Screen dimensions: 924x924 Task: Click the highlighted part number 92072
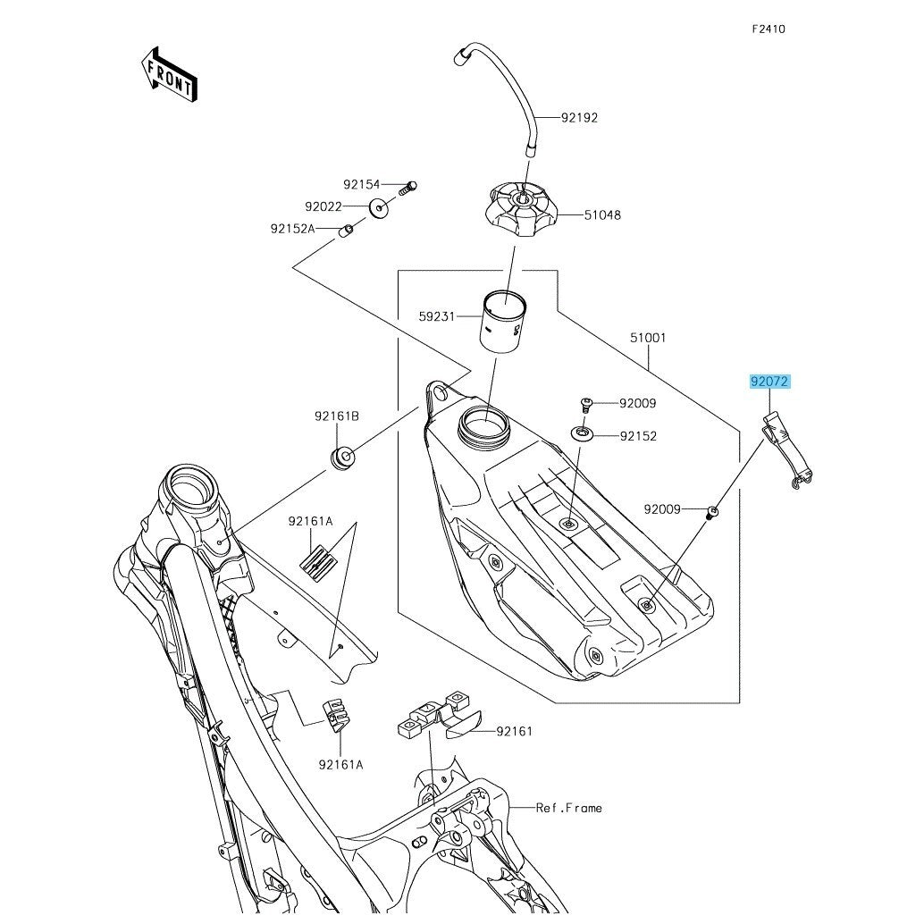click(769, 382)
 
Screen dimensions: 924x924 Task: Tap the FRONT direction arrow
click(168, 74)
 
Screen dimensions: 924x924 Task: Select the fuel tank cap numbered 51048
click(516, 209)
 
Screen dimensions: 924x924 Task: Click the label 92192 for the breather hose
click(579, 118)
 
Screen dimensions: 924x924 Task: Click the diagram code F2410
click(768, 29)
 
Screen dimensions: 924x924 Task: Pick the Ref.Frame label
click(569, 808)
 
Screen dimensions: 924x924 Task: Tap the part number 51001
click(648, 339)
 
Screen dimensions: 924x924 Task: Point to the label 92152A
click(293, 229)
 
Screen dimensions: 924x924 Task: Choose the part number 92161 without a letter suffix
click(514, 731)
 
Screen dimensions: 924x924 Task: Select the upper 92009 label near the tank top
click(637, 403)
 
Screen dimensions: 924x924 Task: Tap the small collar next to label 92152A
click(345, 231)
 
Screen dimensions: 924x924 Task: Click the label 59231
click(437, 315)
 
